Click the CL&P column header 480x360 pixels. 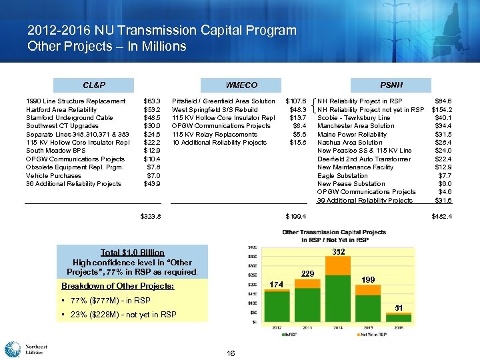(94, 85)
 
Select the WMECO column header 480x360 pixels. (241, 85)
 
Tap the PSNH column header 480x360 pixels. (391, 85)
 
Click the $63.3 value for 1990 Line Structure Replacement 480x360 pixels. (151, 101)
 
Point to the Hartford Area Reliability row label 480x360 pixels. (61, 109)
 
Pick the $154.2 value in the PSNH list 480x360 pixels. (442, 109)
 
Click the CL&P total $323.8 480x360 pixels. (151, 216)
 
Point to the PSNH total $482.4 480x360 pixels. (442, 216)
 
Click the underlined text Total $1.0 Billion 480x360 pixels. (132, 253)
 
